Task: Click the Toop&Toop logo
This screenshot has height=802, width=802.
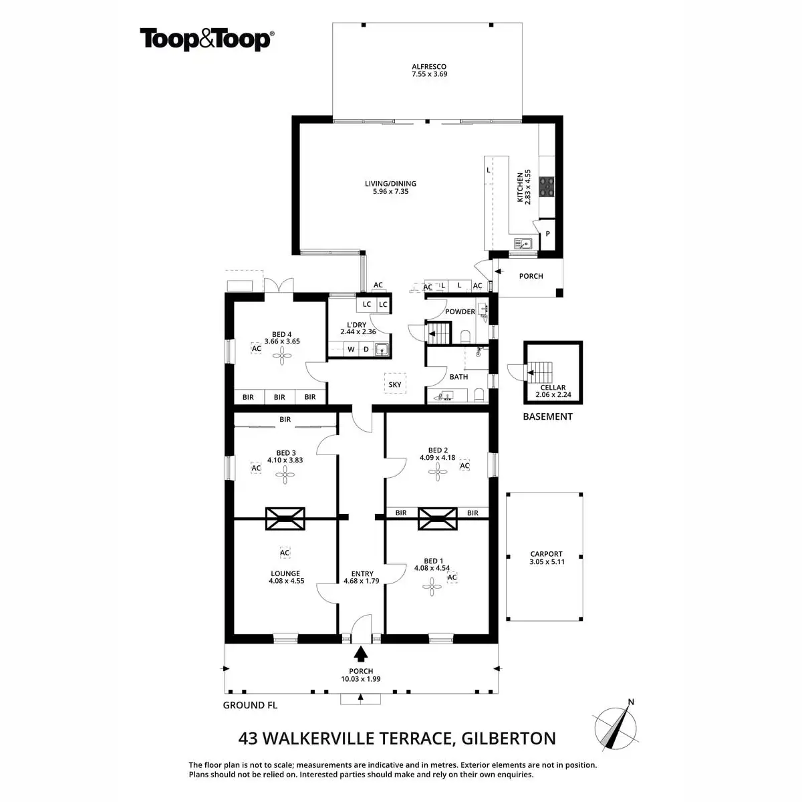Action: (x=205, y=39)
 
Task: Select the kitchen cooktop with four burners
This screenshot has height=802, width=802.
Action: (x=547, y=186)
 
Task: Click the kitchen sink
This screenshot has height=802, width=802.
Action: (x=523, y=243)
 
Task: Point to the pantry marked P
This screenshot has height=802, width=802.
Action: (x=548, y=234)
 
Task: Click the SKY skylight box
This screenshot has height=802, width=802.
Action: (x=395, y=384)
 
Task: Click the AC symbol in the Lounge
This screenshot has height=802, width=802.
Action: (x=285, y=553)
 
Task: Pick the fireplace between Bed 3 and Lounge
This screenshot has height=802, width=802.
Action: (x=285, y=518)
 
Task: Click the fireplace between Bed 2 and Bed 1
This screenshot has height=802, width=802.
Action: (x=438, y=518)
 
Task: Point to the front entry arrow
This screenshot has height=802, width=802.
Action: (x=361, y=652)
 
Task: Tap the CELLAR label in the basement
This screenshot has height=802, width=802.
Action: (x=553, y=388)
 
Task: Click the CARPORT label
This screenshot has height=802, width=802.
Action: (x=546, y=554)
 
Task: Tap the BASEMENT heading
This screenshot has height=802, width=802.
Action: (x=547, y=416)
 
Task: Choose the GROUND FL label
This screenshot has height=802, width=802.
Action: (x=250, y=705)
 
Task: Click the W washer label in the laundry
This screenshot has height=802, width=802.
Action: (x=350, y=350)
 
